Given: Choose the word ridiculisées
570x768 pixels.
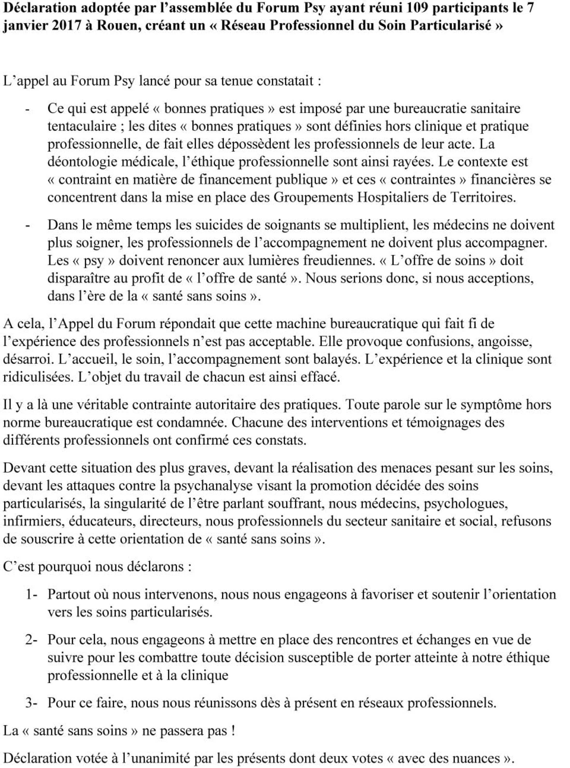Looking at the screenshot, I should pos(38,377).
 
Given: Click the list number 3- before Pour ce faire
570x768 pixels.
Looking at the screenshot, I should pos(31,703).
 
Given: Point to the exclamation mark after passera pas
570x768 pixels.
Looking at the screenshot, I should pos(234,731).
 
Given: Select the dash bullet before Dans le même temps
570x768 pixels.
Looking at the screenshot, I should pos(27,225).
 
